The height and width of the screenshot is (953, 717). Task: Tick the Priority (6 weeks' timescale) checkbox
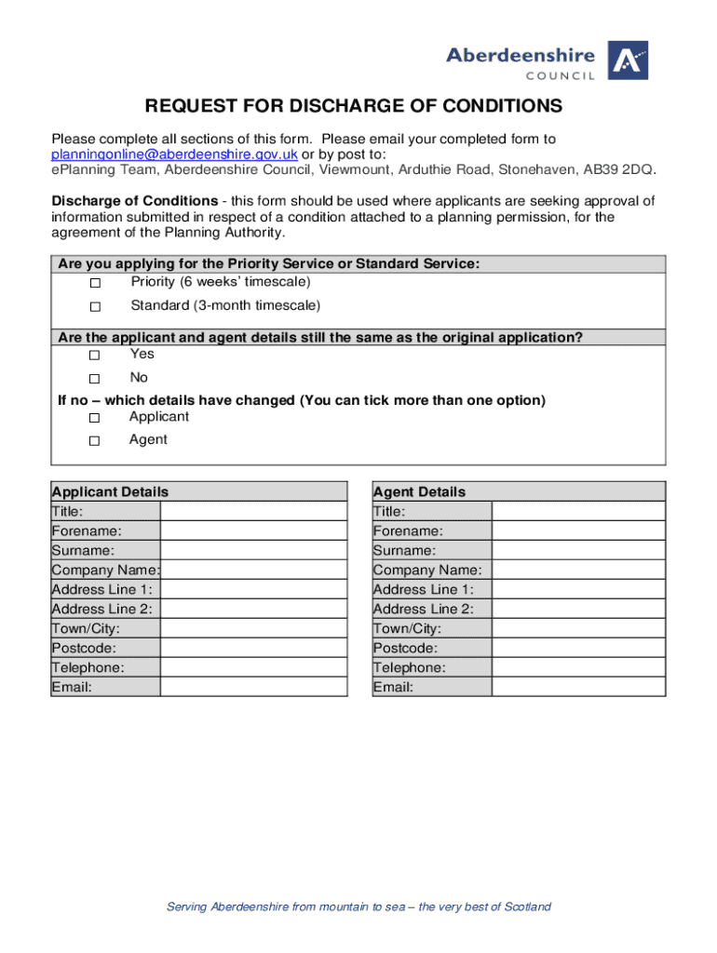click(x=94, y=283)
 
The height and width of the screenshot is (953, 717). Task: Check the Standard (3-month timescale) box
click(x=94, y=307)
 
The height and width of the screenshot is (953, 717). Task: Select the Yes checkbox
click(x=94, y=356)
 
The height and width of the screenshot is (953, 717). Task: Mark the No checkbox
click(x=94, y=379)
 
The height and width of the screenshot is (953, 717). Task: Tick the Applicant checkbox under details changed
click(x=94, y=418)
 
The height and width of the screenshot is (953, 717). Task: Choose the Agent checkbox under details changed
click(x=94, y=441)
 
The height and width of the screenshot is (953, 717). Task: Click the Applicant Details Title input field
click(x=253, y=512)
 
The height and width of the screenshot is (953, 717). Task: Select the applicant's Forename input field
click(x=253, y=531)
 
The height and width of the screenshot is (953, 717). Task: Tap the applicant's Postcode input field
click(x=253, y=648)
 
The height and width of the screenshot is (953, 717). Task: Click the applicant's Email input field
click(x=253, y=687)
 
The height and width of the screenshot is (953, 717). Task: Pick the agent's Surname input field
click(x=578, y=551)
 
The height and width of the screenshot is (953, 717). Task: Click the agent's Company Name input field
click(x=578, y=570)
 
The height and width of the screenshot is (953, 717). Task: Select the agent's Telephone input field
click(x=578, y=667)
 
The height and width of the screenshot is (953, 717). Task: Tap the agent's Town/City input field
click(x=578, y=628)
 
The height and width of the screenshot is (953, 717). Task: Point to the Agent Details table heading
click(x=419, y=491)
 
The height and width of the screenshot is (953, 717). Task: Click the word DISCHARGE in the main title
click(x=306, y=106)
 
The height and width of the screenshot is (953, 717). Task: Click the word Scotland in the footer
click(x=527, y=906)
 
